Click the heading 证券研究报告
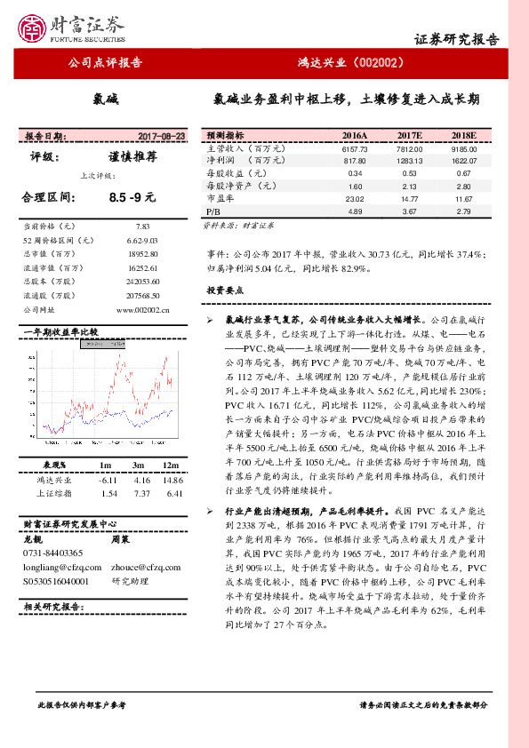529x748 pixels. click(x=457, y=39)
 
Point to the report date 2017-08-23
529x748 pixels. click(x=162, y=137)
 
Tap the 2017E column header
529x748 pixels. click(x=409, y=135)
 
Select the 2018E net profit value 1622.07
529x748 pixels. click(x=463, y=161)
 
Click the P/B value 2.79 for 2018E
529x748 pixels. click(x=463, y=211)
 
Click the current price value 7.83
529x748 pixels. click(x=143, y=227)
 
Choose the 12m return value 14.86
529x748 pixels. click(x=172, y=480)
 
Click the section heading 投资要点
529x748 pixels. click(x=225, y=290)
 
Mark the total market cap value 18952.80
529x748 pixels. click(x=143, y=254)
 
